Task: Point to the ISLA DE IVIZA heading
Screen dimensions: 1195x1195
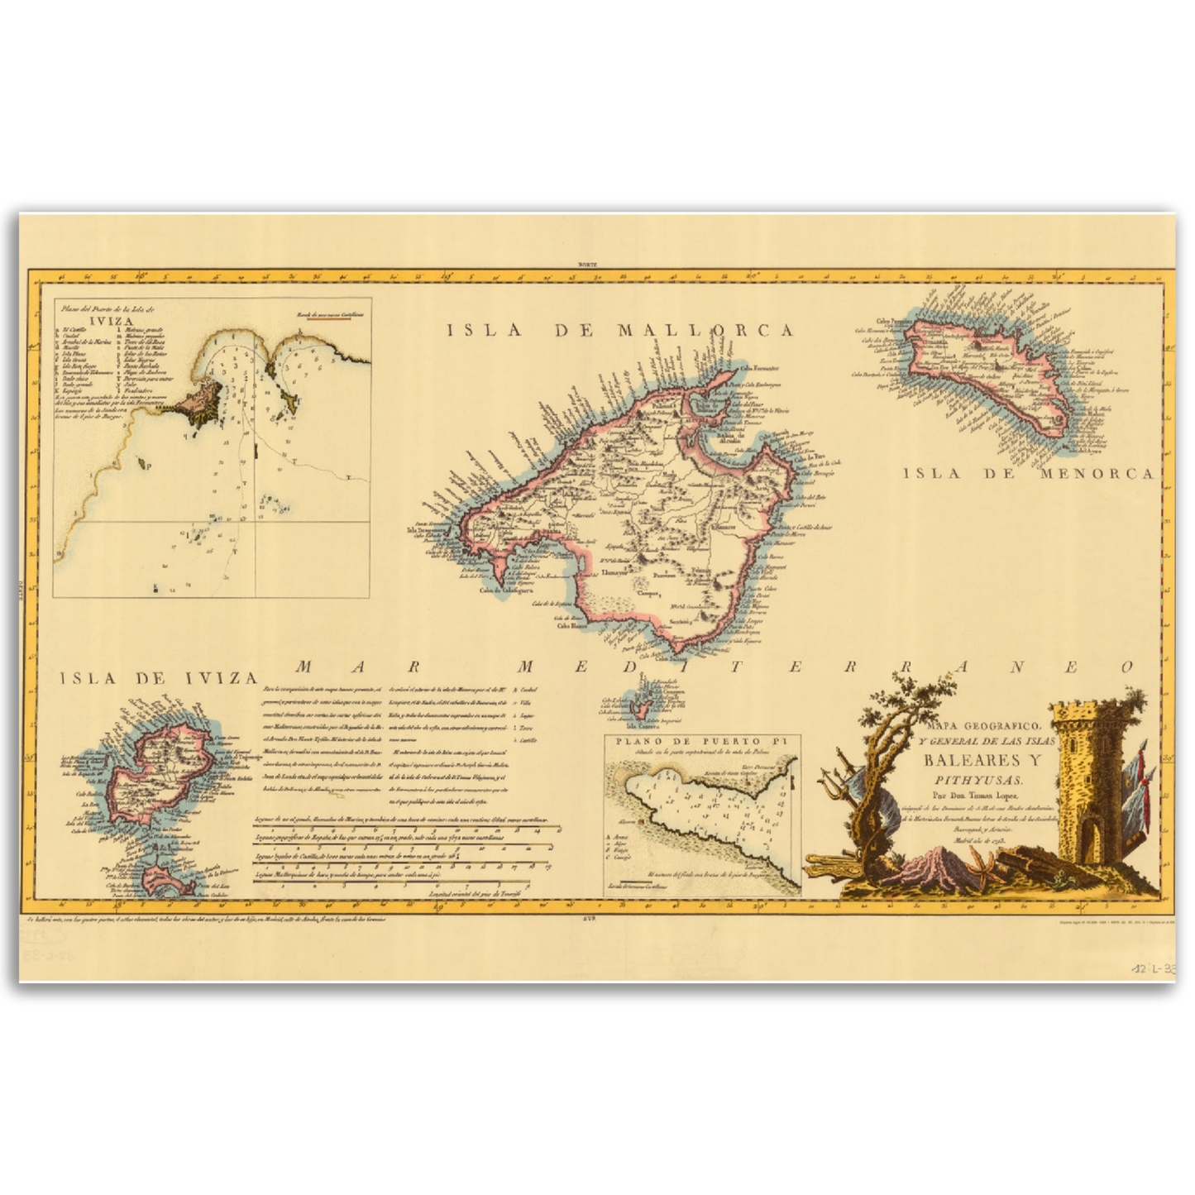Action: [x=160, y=678]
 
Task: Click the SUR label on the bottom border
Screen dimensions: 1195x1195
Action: [x=590, y=917]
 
